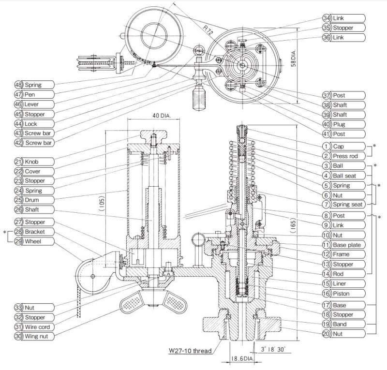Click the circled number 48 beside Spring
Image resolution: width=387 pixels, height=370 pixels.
tap(18, 85)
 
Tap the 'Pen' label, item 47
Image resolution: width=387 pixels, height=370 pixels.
tap(30, 94)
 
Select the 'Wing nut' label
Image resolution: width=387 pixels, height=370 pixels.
tap(36, 336)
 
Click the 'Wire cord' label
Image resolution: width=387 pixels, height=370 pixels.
tap(37, 327)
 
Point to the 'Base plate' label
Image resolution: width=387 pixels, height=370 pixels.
tap(346, 245)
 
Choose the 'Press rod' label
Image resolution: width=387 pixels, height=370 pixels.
tap(345, 156)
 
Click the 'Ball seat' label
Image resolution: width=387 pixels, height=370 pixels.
tap(344, 176)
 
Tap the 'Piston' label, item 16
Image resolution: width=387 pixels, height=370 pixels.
tap(341, 294)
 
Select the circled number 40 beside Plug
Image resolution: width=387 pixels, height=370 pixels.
tap(326, 124)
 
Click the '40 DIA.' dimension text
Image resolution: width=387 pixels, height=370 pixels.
tap(162, 115)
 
